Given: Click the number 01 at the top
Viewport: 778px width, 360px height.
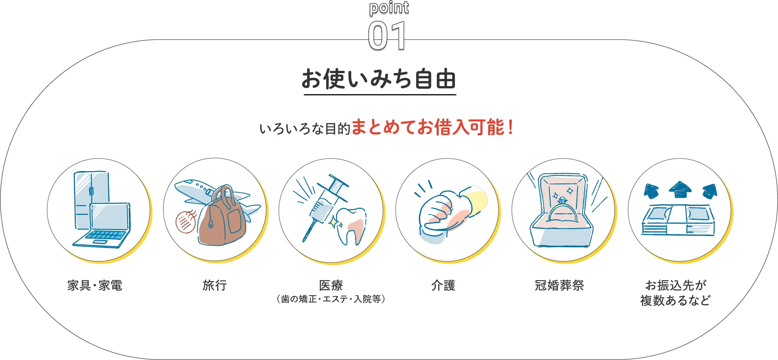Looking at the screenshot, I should (x=387, y=36).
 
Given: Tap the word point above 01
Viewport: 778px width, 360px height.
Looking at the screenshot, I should (x=389, y=8).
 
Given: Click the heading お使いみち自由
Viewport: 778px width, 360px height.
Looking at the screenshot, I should (x=379, y=79).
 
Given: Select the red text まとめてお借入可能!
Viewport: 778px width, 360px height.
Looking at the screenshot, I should (x=432, y=127).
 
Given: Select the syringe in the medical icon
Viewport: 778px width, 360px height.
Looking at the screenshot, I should (x=324, y=206).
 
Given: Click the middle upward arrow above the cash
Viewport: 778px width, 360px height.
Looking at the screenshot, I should (x=680, y=189).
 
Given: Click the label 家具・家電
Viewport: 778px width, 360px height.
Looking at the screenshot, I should (x=95, y=285).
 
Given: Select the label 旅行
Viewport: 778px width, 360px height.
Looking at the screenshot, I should (x=215, y=285).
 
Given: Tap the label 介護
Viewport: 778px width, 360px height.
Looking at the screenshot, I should (x=443, y=285).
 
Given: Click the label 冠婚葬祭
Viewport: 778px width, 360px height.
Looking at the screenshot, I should (x=559, y=285).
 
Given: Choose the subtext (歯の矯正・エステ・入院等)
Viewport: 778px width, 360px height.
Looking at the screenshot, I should (x=331, y=299).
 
